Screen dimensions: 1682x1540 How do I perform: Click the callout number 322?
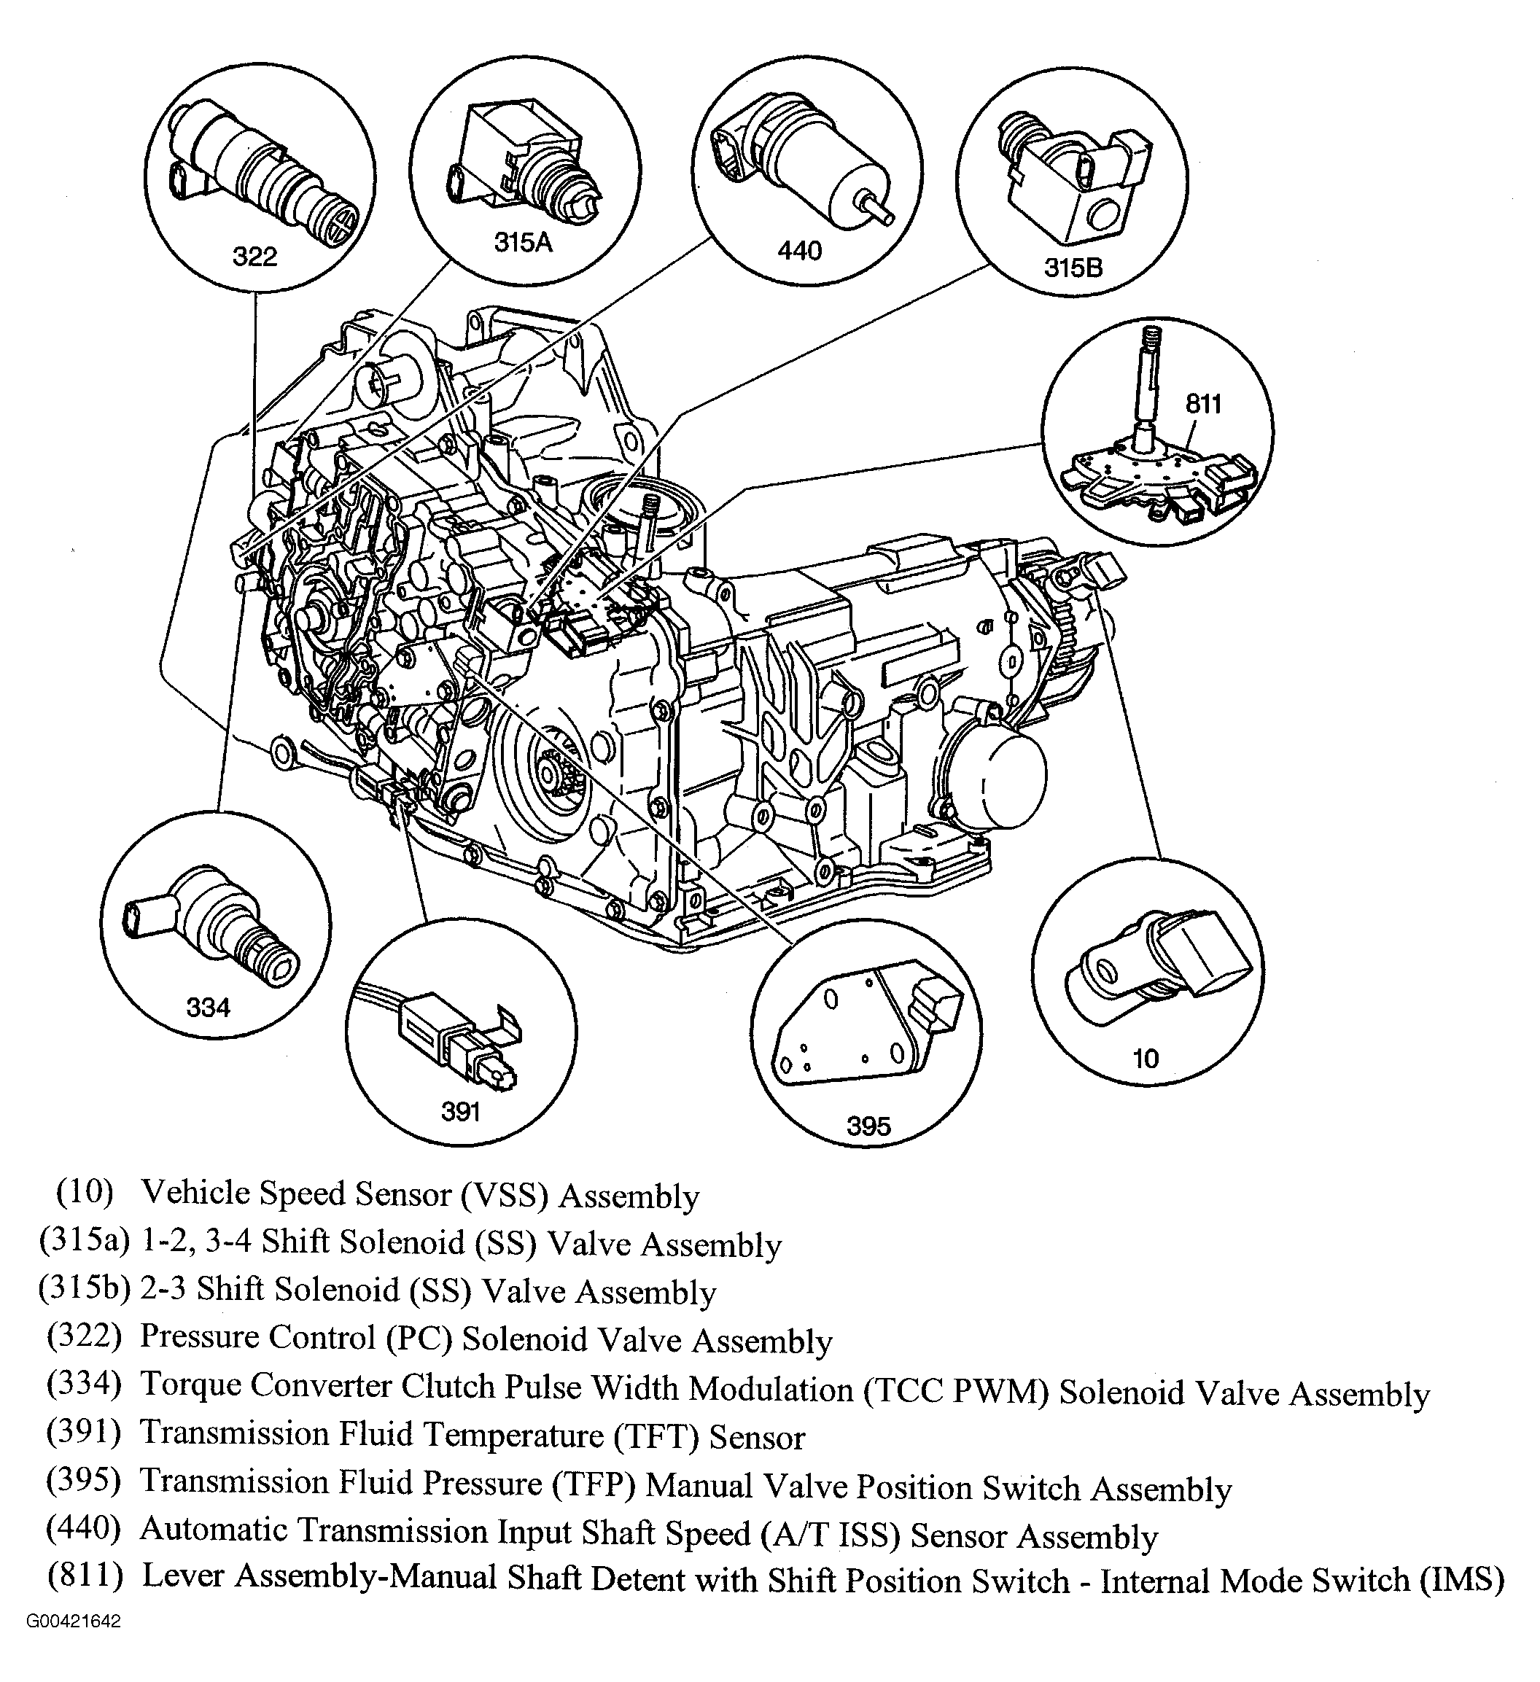254,256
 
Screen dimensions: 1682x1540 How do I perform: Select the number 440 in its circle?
799,250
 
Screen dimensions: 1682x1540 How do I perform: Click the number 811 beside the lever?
1203,404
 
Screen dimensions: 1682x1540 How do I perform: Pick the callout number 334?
208,1008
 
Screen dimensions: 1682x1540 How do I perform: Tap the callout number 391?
461,1111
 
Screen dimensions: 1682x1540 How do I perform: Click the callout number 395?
868,1126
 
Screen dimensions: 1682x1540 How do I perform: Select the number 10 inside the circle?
1146,1059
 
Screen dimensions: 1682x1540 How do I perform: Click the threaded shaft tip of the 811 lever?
1151,338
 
